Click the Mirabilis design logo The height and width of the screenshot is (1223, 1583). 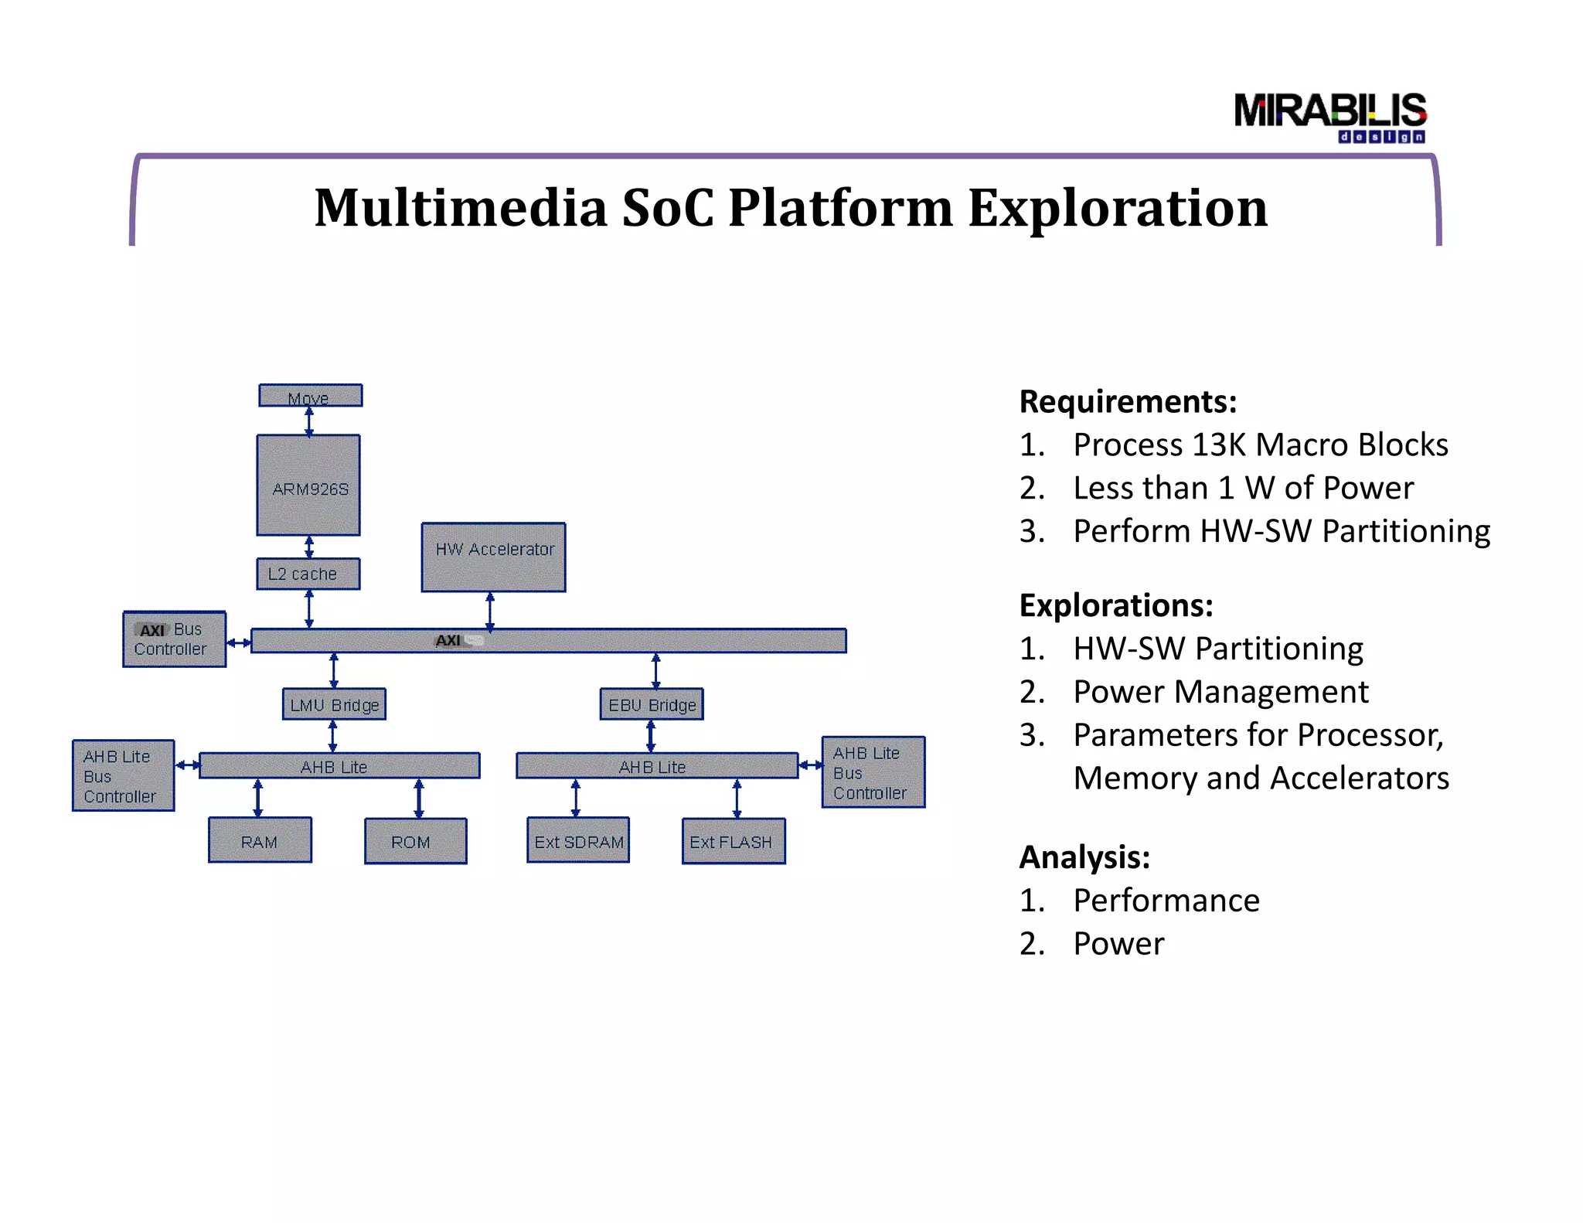pos(1329,117)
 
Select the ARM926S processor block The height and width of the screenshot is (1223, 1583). pos(308,485)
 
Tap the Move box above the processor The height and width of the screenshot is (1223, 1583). pos(310,396)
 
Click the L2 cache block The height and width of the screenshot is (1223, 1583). pos(308,574)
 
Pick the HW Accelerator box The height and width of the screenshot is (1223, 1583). pos(493,557)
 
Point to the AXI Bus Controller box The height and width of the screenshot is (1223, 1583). pos(174,639)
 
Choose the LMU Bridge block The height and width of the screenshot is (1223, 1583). pos(334,704)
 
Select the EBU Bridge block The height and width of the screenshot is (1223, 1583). pos(652,704)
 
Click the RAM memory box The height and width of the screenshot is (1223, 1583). pos(260,840)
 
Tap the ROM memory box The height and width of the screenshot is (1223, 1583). pos(415,841)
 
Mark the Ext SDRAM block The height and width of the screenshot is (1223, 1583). pos(578,840)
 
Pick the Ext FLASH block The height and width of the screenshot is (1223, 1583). pos(733,841)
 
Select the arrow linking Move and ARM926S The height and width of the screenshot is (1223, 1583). pos(309,421)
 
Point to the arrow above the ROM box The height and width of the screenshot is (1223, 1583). pos(419,798)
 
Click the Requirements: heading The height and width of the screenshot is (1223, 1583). pos(1128,402)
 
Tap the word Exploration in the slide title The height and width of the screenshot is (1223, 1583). pos(1117,208)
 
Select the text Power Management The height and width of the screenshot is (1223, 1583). pos(1220,692)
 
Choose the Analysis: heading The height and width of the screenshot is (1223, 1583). pos(1084,857)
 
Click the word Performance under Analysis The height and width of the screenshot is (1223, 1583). pos(1166,901)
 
